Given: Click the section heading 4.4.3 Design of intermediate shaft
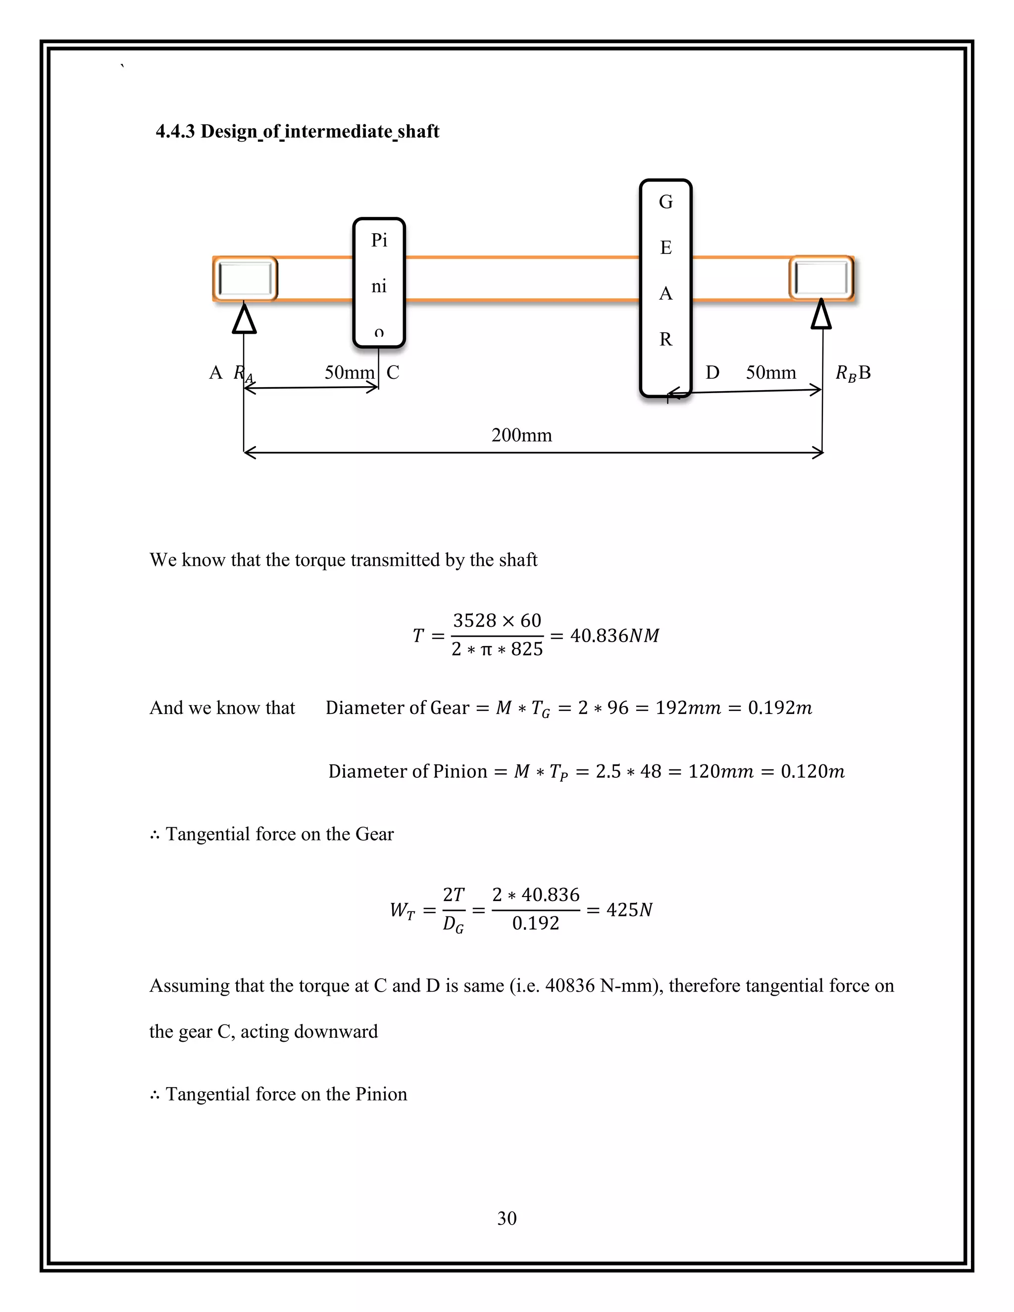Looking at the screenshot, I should [x=298, y=132].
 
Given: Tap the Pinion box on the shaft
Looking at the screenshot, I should [x=379, y=282].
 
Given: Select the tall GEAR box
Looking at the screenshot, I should [x=665, y=288].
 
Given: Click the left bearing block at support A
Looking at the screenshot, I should [x=246, y=279].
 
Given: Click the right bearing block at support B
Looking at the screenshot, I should [x=821, y=278].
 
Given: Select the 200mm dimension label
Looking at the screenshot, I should [x=521, y=435].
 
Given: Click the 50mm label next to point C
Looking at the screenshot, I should [x=349, y=372].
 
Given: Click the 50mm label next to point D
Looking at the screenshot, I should [x=771, y=372].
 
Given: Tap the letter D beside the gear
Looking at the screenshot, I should [x=712, y=372].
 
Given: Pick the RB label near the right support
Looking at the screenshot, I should [x=846, y=373].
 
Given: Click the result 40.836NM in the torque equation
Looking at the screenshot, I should [x=614, y=636].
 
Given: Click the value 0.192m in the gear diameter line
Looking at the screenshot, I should [x=780, y=707].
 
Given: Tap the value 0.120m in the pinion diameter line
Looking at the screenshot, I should [x=812, y=771].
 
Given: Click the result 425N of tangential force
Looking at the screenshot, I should [x=629, y=910].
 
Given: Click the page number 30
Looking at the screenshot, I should [x=507, y=1218].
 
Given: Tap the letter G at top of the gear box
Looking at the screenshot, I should [x=665, y=202].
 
